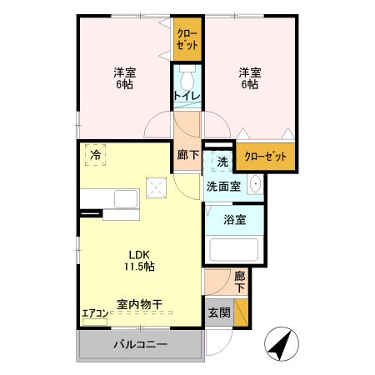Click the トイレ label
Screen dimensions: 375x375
[x=186, y=96]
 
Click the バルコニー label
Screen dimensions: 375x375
[x=140, y=345]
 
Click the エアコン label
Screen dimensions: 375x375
[x=94, y=313]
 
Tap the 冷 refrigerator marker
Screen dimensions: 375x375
[x=96, y=156]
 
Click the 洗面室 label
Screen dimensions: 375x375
[x=223, y=186]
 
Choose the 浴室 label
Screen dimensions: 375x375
[x=234, y=220]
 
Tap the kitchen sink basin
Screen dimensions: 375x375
[x=126, y=199]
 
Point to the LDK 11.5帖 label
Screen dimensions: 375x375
[x=140, y=260]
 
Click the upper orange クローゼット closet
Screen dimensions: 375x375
[x=187, y=40]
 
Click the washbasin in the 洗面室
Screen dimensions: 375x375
[x=255, y=185]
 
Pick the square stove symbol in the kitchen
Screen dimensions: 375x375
[x=156, y=187]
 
